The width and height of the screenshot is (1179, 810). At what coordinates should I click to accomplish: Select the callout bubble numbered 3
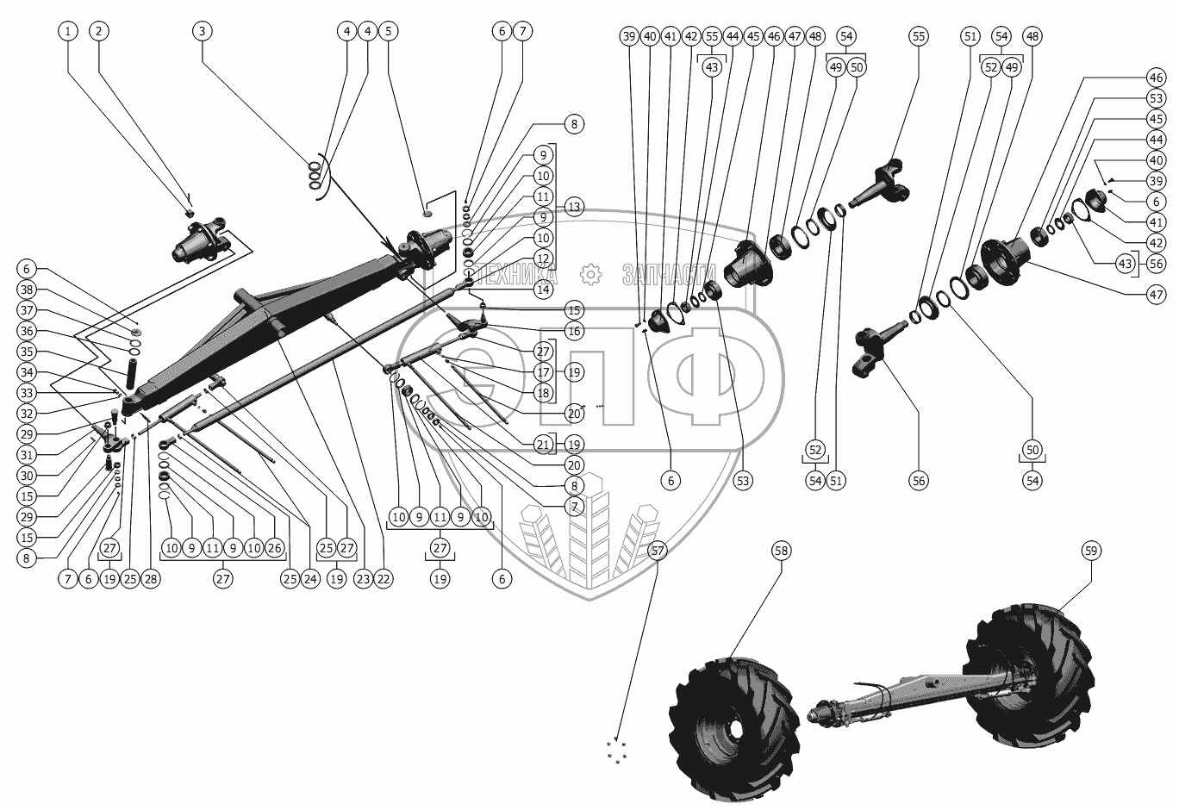(x=202, y=31)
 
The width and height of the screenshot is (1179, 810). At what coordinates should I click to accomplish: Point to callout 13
(x=574, y=207)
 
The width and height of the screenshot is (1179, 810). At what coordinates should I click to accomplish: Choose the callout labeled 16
(x=574, y=331)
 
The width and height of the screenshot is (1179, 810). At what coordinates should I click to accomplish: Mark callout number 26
(x=274, y=548)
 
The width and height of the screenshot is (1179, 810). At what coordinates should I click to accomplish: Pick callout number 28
(x=151, y=580)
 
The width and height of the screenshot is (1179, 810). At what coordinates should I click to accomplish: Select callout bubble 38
(x=27, y=290)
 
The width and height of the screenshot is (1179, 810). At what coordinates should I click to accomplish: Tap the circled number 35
(x=27, y=352)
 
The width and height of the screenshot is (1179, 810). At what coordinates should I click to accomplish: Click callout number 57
(x=658, y=550)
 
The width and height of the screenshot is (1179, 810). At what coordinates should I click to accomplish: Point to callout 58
(x=782, y=550)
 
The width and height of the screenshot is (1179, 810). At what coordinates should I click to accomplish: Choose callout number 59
(x=1090, y=550)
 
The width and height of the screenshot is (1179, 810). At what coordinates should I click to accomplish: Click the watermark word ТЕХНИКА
(x=518, y=276)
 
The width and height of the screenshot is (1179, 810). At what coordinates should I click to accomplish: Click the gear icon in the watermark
(x=590, y=275)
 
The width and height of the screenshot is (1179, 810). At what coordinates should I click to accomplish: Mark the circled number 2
(x=99, y=31)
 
